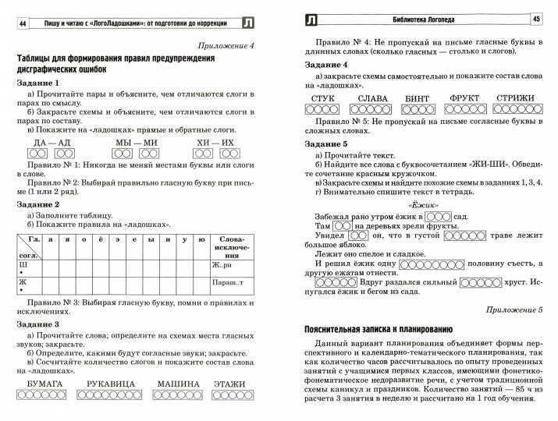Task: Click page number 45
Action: (x=536, y=19)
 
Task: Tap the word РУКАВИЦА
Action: (x=114, y=384)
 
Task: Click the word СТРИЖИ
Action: (x=514, y=98)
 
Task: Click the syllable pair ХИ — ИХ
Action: (x=215, y=143)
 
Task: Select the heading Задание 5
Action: (x=326, y=144)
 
